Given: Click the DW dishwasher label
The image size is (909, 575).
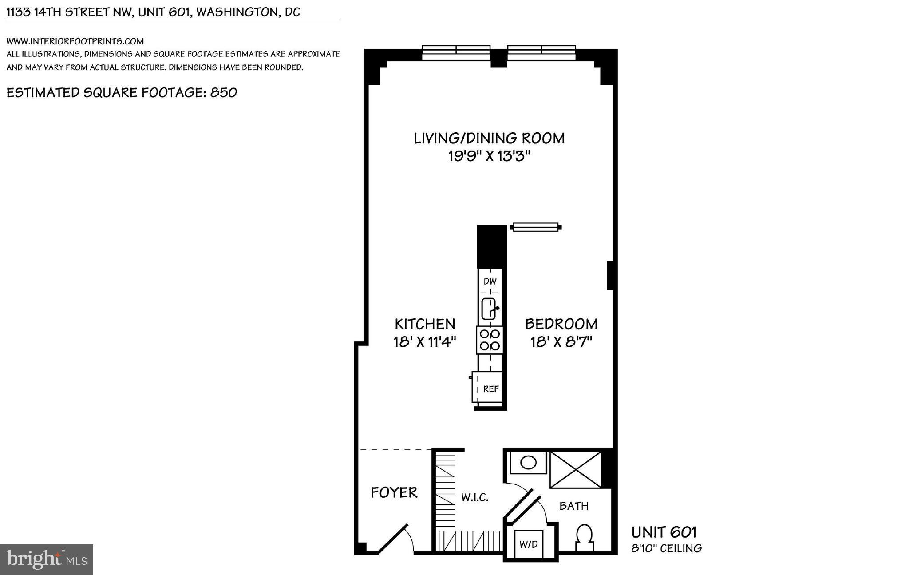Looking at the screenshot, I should click(x=490, y=281).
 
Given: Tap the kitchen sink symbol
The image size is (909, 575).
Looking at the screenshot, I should click(x=489, y=309).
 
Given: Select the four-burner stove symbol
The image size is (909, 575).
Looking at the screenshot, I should click(x=490, y=340).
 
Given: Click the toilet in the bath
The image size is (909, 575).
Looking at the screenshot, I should click(x=585, y=538).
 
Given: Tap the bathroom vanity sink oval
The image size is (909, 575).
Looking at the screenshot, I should click(x=528, y=463).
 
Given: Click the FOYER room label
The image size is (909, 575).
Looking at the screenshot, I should click(x=394, y=492).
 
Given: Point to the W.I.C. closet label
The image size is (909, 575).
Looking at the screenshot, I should click(x=474, y=497).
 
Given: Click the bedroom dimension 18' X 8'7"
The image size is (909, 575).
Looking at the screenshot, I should click(x=561, y=342).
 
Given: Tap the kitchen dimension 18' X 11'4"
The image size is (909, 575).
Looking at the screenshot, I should click(x=425, y=342).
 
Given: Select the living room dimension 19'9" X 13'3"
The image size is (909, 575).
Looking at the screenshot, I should click(x=489, y=156).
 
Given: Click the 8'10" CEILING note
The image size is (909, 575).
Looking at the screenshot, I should click(x=666, y=548).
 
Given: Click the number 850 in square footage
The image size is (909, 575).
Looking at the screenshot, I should click(x=223, y=92).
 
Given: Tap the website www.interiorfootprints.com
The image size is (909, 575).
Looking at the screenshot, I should click(x=75, y=41).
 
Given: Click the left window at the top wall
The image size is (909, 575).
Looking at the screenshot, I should click(x=456, y=52).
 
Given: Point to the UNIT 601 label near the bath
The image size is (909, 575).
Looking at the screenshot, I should click(x=664, y=532).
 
